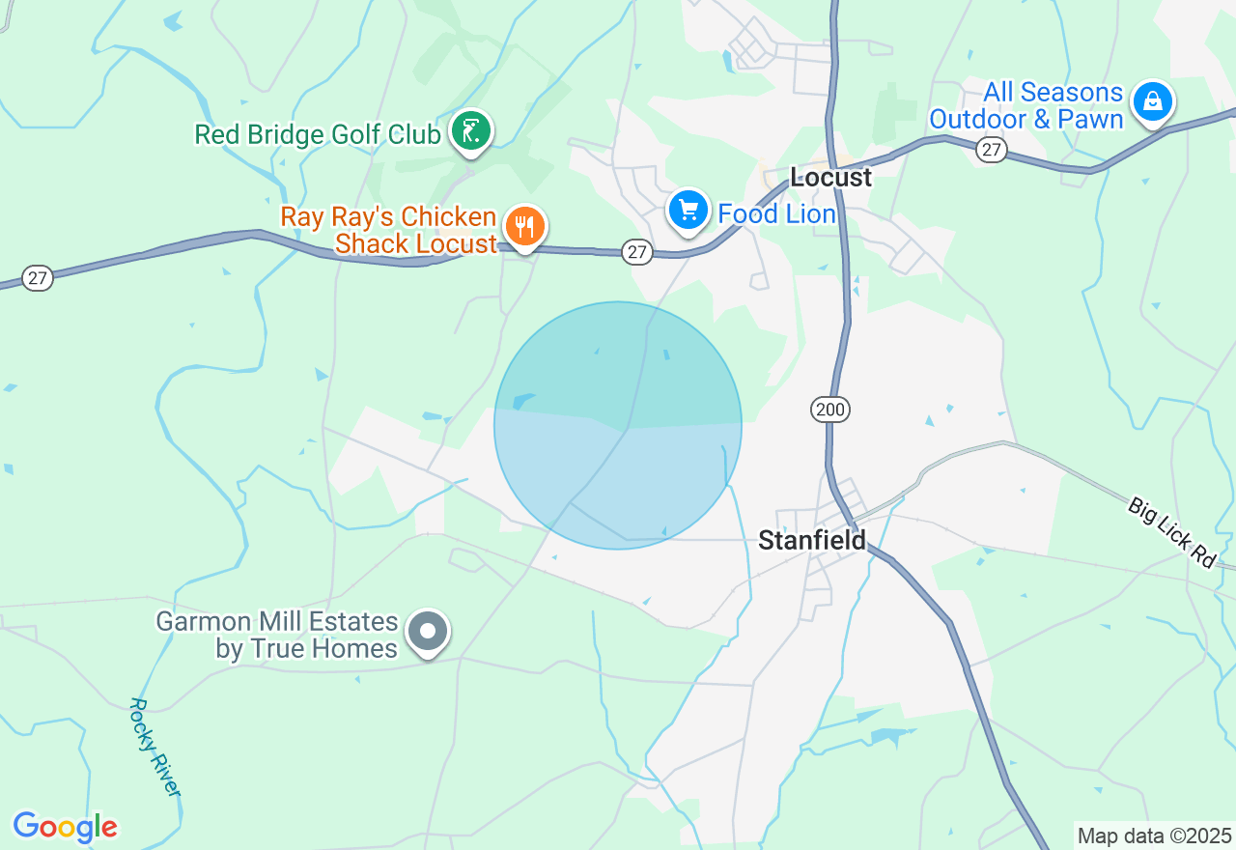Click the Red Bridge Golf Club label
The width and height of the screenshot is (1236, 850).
point(318,133)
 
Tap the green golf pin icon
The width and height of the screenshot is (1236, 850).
point(471,130)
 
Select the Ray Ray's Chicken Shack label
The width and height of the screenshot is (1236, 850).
point(388,230)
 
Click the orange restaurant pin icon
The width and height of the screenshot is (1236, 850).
point(524,227)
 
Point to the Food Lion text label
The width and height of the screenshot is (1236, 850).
point(776,213)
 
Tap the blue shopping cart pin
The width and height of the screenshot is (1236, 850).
point(688,210)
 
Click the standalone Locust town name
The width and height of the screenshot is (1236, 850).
point(830,177)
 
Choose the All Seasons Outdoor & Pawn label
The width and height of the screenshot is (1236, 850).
point(1026,106)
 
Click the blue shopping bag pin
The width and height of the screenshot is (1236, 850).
point(1152,100)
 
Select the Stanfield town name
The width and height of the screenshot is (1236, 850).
point(812,540)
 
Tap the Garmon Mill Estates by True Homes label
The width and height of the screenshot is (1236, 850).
point(277,635)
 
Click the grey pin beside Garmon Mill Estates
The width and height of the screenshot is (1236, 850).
point(427,633)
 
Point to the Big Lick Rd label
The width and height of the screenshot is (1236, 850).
point(1172,532)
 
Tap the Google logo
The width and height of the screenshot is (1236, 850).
point(65,827)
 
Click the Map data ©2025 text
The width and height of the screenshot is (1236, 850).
point(1154,836)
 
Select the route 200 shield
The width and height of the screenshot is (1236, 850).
point(829,410)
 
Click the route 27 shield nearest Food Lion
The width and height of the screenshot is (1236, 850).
point(635,252)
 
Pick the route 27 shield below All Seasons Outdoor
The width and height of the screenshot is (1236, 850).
point(991,149)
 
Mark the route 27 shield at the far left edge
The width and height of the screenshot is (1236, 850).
point(37,278)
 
